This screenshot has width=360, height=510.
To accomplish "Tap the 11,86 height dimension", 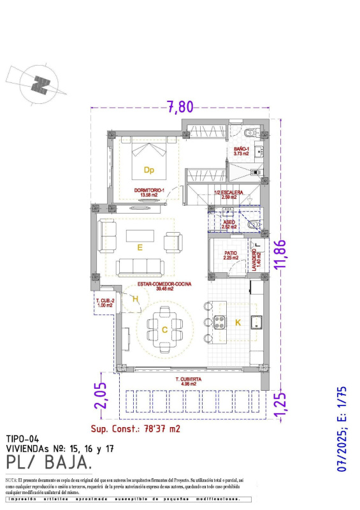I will point(278,253).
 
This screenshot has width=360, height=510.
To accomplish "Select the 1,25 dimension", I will point(278,404).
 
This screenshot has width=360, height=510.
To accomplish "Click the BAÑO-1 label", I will point(240,151).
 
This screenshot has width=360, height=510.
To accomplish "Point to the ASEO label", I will point(229,224).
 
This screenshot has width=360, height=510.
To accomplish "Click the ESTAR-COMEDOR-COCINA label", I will point(152,286).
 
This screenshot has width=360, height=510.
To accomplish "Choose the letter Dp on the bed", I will point(148,170).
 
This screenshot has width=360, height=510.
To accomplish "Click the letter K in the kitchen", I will point(238,323).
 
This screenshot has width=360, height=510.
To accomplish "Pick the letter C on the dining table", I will point(164,330).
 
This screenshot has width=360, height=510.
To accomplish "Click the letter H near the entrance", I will point(135,298).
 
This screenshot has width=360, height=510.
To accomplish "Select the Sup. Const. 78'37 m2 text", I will point(136,428).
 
